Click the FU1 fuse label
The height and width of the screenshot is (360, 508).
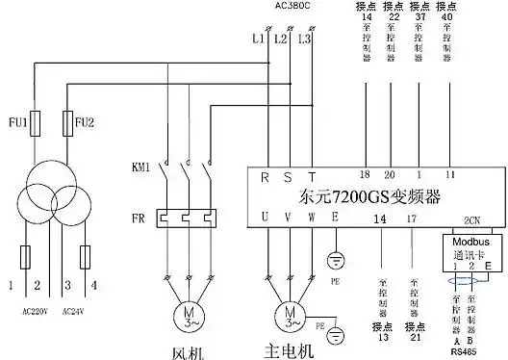(17, 123)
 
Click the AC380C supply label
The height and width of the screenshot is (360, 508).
(292, 6)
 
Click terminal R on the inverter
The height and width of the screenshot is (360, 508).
(266, 176)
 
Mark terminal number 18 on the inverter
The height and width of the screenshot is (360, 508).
(364, 174)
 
